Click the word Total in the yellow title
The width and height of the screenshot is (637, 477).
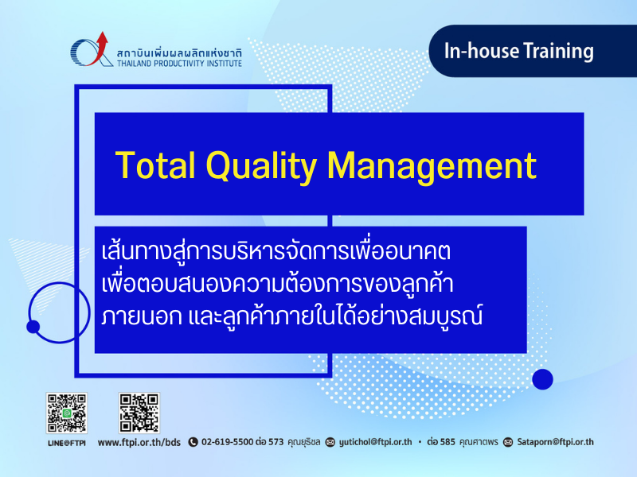155,165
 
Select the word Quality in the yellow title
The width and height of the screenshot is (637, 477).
261,166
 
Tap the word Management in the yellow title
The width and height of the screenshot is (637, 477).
432,166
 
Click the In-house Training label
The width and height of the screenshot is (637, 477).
519,52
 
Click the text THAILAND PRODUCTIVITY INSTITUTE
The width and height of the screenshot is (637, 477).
180,64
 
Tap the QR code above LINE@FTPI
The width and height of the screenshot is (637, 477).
67,413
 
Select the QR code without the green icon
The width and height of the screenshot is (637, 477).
139,413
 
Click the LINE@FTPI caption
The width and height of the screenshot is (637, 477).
67,443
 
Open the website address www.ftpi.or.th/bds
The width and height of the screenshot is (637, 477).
139,443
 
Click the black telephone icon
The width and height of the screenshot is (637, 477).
193,442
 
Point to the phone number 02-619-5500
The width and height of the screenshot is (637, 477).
228,442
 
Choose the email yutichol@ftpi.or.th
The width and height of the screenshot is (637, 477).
375,442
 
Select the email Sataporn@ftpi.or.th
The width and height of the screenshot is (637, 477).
555,442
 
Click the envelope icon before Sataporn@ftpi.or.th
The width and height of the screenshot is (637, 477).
508,442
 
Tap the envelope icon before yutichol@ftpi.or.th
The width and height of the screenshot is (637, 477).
330,442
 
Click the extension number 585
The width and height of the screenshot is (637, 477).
447,442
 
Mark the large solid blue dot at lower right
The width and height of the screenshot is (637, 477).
542,379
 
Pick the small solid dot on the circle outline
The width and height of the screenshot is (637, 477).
33,327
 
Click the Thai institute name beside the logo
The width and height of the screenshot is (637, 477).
180,53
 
